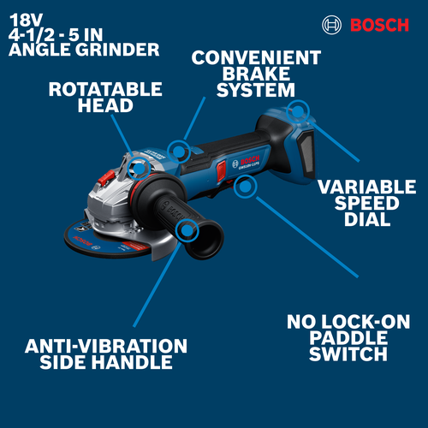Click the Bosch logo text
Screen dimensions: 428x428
point(377,25)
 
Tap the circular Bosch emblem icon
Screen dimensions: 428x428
point(331,25)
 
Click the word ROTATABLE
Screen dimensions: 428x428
point(105,88)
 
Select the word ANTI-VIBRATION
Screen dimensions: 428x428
point(106,346)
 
